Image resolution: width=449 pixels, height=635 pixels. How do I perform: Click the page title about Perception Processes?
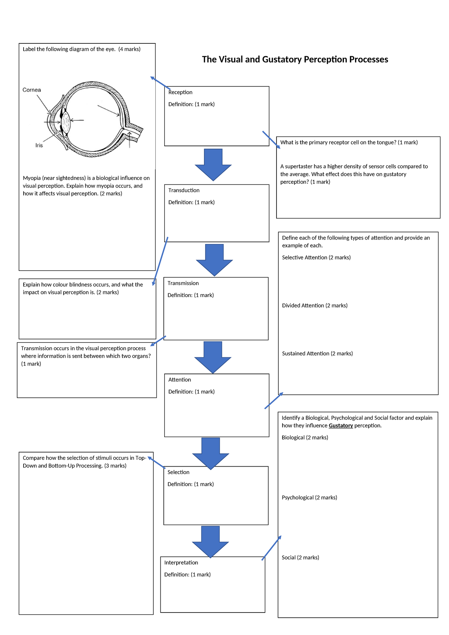pos(295,59)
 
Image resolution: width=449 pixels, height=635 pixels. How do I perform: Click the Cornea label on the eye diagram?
pos(32,90)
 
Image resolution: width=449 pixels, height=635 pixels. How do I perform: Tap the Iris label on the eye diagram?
pos(39,145)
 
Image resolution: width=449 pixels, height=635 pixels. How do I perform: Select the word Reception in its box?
pos(180,92)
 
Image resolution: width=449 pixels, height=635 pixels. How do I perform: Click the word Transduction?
pos(184,190)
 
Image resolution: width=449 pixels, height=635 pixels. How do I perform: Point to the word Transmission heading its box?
pos(183,283)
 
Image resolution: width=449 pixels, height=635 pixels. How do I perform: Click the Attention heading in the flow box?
pos(180,380)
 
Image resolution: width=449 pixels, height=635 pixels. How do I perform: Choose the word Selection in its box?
pos(178,472)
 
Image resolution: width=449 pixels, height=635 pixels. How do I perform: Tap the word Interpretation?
pos(181,563)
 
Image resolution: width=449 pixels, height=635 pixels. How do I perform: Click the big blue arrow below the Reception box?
pos(213,165)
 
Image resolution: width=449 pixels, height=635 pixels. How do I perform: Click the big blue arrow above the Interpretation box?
pos(210,541)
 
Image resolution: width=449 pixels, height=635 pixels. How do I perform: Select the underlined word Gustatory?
pos(341,426)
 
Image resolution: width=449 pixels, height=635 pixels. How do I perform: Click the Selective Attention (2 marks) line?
pos(316,258)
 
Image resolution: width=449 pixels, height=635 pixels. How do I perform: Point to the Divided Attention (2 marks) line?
pos(315,306)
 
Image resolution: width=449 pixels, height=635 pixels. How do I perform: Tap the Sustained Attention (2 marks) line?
pos(317,354)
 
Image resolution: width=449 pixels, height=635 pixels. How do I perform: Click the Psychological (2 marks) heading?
pos(309,498)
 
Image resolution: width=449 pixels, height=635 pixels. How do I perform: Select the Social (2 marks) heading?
pos(300,558)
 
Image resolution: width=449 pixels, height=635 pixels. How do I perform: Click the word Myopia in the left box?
pos(32,178)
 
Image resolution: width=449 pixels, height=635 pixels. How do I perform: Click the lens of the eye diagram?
pos(66,122)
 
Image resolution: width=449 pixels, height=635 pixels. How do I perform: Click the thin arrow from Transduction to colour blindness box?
pos(160,262)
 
